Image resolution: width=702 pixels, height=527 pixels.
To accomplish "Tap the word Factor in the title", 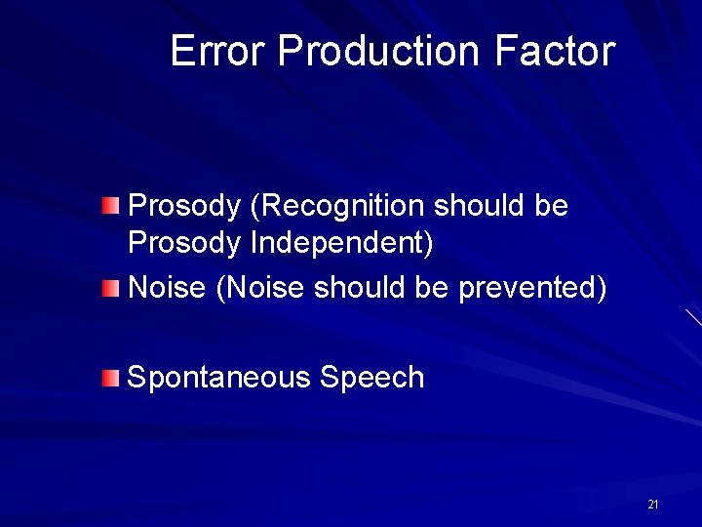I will point(555,51).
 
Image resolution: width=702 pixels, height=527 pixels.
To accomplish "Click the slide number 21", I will point(652,505).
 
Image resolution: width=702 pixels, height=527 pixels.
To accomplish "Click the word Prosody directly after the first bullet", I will point(184,207).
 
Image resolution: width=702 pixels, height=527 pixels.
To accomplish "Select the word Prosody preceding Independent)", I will point(184,243).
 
